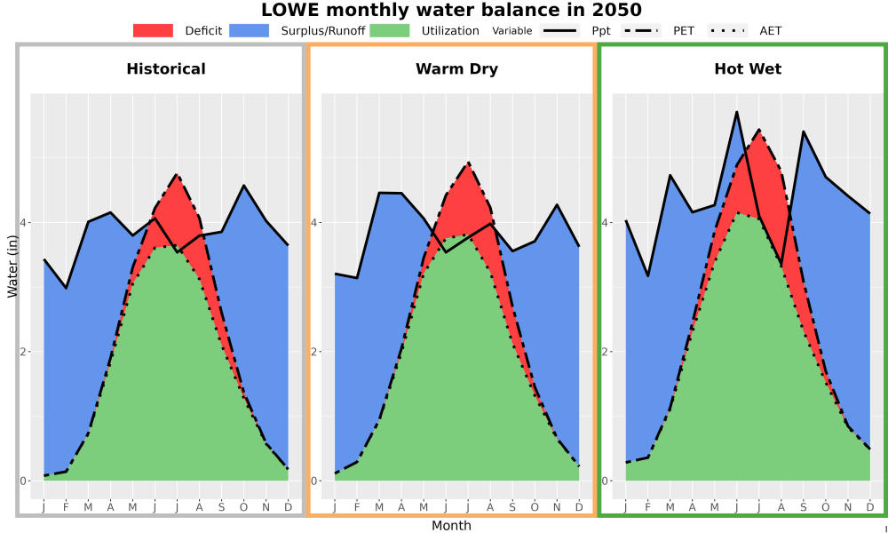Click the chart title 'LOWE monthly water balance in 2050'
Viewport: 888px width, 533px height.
(x=451, y=10)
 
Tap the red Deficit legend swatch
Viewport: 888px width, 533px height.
(x=153, y=30)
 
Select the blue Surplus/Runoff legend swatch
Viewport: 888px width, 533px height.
(x=250, y=30)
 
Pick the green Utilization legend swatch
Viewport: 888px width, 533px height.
(x=390, y=30)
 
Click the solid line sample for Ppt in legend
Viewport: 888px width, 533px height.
(x=559, y=30)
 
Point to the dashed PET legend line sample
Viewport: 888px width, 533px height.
(x=641, y=30)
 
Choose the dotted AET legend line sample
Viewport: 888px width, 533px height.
(x=727, y=30)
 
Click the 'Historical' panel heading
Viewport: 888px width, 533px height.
(x=166, y=69)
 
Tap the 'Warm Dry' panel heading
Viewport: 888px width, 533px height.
(x=457, y=69)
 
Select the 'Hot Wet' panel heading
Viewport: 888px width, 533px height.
(x=748, y=69)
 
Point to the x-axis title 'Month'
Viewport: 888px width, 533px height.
(x=451, y=526)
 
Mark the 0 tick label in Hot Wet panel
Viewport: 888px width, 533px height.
(x=606, y=481)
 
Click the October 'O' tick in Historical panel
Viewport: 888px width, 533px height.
(x=243, y=507)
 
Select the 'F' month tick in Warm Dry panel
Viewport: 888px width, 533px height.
(x=357, y=507)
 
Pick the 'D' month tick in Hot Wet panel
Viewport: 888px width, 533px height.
(x=870, y=507)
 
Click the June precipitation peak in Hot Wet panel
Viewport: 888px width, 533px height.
(x=737, y=112)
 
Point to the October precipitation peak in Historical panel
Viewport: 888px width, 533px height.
(x=243, y=186)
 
